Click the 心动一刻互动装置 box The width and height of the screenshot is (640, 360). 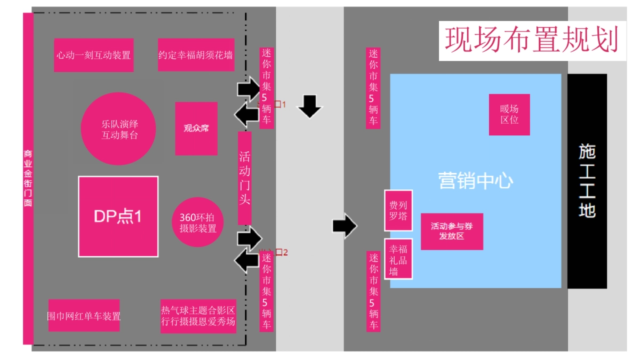94,55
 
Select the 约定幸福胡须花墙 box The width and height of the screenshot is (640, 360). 196,55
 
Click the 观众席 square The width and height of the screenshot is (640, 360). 196,129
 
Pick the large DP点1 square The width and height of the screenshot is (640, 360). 118,217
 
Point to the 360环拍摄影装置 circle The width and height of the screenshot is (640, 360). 198,222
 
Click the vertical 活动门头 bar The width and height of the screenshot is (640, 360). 244,178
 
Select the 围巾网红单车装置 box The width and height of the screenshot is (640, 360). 84,316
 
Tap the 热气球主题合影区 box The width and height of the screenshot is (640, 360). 198,316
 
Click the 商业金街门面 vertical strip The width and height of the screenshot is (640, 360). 28,179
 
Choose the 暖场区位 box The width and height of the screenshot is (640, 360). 509,114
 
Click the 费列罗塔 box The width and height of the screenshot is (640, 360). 398,210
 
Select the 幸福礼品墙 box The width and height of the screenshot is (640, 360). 398,259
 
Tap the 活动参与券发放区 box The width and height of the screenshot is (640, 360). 452,231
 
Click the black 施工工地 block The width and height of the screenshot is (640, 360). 587,181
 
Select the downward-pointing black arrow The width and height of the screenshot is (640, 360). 309,106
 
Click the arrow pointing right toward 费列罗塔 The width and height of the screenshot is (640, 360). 345,226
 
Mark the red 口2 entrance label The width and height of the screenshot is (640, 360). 281,252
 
